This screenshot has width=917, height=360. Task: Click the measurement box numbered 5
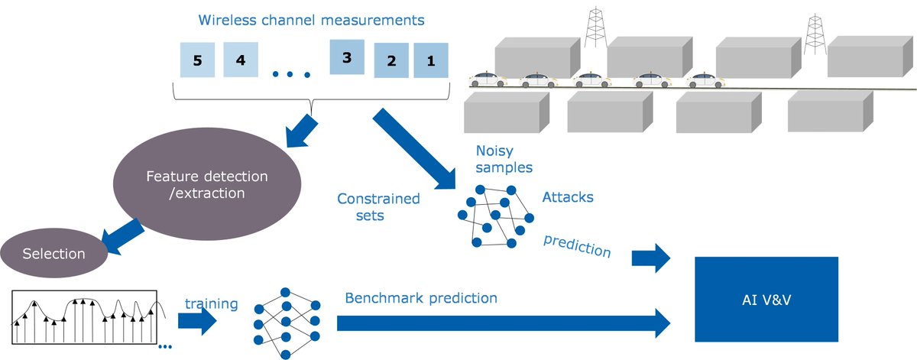(x=197, y=60)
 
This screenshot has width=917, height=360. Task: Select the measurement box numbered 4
(x=241, y=60)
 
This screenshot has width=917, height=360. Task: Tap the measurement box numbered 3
(x=347, y=57)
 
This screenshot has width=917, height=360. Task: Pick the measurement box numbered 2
(x=391, y=60)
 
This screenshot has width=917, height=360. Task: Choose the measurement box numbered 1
(x=431, y=60)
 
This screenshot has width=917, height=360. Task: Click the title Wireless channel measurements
(x=311, y=20)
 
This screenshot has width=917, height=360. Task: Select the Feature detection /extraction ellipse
(x=207, y=184)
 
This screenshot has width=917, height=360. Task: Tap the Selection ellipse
(x=54, y=253)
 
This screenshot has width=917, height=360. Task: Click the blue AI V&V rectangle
(x=766, y=300)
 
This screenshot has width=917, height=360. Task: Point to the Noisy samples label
(x=504, y=159)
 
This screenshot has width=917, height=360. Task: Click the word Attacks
(x=568, y=197)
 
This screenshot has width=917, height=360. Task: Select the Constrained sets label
(x=378, y=207)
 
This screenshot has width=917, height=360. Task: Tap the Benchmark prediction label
(x=421, y=298)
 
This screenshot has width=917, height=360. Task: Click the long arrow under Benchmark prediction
(x=504, y=323)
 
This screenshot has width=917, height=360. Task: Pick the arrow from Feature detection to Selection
(x=122, y=237)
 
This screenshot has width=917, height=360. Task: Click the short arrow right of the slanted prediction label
(x=651, y=258)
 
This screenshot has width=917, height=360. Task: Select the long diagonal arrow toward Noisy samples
(x=414, y=149)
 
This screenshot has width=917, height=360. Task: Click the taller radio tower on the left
(x=595, y=28)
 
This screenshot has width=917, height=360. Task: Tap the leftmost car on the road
(x=488, y=79)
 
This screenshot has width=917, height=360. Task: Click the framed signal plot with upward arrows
(x=84, y=317)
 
